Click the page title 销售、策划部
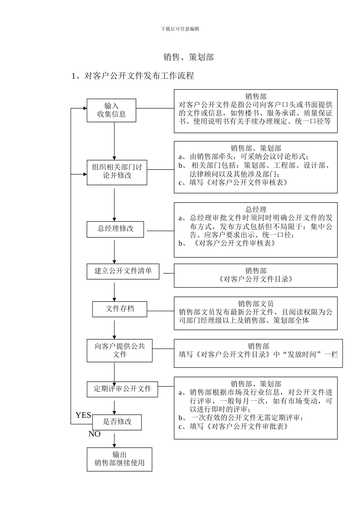[188, 57]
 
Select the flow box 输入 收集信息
[111, 110]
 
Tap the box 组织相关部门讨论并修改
[117, 171]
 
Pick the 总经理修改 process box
[115, 229]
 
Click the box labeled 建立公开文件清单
[123, 271]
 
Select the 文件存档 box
[120, 309]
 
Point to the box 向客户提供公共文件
[119, 351]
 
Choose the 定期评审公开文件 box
[122, 389]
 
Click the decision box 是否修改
[117, 422]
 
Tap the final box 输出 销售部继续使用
[119, 459]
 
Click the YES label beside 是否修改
[83, 415]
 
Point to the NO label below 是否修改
[94, 434]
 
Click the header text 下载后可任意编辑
[180, 29]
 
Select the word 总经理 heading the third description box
[256, 209]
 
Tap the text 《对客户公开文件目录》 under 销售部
[256, 279]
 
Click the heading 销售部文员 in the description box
[256, 304]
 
